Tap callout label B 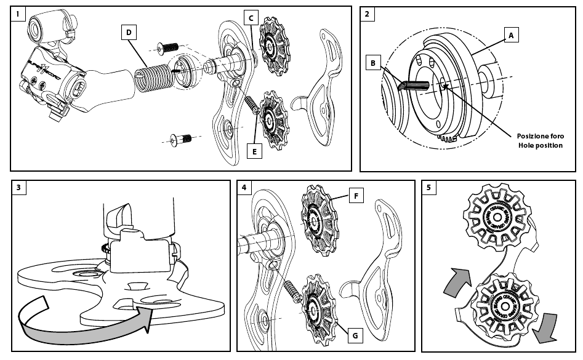(372, 63)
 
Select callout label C (251, 18)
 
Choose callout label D (128, 33)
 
